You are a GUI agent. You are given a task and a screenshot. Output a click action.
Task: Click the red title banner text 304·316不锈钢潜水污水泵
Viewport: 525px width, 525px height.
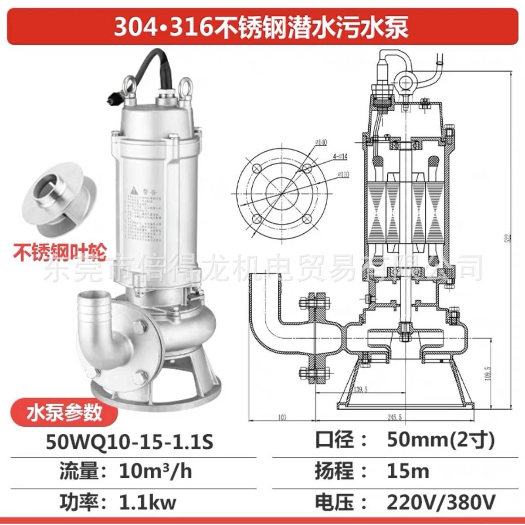261,27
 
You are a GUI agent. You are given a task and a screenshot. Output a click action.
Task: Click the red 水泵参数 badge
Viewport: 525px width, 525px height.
64,412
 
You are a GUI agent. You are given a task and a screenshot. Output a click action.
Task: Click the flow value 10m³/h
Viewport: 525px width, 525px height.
155,472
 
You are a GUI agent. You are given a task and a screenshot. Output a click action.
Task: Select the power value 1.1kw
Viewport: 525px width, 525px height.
148,502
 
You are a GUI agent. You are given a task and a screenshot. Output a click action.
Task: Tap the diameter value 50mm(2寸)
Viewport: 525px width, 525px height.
441,441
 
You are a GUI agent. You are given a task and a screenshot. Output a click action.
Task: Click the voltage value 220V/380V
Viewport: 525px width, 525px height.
441,502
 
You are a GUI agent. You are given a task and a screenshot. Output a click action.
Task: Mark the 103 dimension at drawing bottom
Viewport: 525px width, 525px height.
282,417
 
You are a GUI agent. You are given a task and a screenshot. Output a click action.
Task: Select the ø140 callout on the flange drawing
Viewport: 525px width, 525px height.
321,143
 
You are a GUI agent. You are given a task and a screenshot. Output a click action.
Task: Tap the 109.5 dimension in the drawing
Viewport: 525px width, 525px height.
487,372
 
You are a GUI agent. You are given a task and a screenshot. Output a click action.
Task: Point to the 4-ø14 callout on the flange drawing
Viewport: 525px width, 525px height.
340,157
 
